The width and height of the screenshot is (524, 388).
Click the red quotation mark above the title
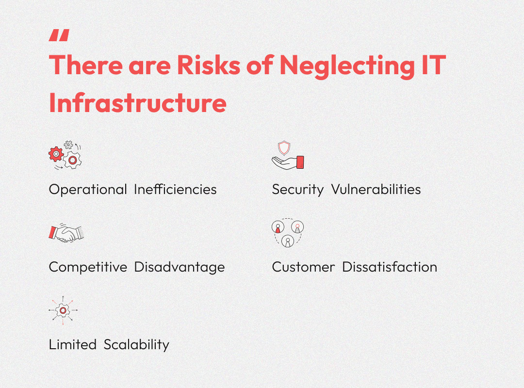click(59, 35)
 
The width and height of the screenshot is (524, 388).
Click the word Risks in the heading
click(209, 65)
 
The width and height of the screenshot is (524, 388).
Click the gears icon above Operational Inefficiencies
click(65, 155)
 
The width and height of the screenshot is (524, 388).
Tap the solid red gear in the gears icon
click(56, 154)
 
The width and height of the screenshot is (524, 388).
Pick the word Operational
click(88, 190)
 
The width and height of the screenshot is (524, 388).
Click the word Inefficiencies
click(175, 190)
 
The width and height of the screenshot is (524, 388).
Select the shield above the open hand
click(284, 148)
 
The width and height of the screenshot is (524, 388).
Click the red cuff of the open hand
click(300, 162)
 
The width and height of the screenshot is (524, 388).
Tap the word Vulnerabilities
click(376, 190)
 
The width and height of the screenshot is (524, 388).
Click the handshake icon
click(66, 233)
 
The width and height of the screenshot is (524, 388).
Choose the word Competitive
click(88, 267)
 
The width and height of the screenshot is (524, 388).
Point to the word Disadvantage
click(180, 268)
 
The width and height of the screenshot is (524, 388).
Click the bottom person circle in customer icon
click(288, 241)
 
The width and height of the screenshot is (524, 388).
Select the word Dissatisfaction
click(390, 267)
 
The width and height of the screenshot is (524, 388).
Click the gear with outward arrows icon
click(63, 310)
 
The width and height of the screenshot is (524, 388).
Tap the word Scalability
click(136, 345)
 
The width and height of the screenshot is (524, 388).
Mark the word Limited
click(73, 344)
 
